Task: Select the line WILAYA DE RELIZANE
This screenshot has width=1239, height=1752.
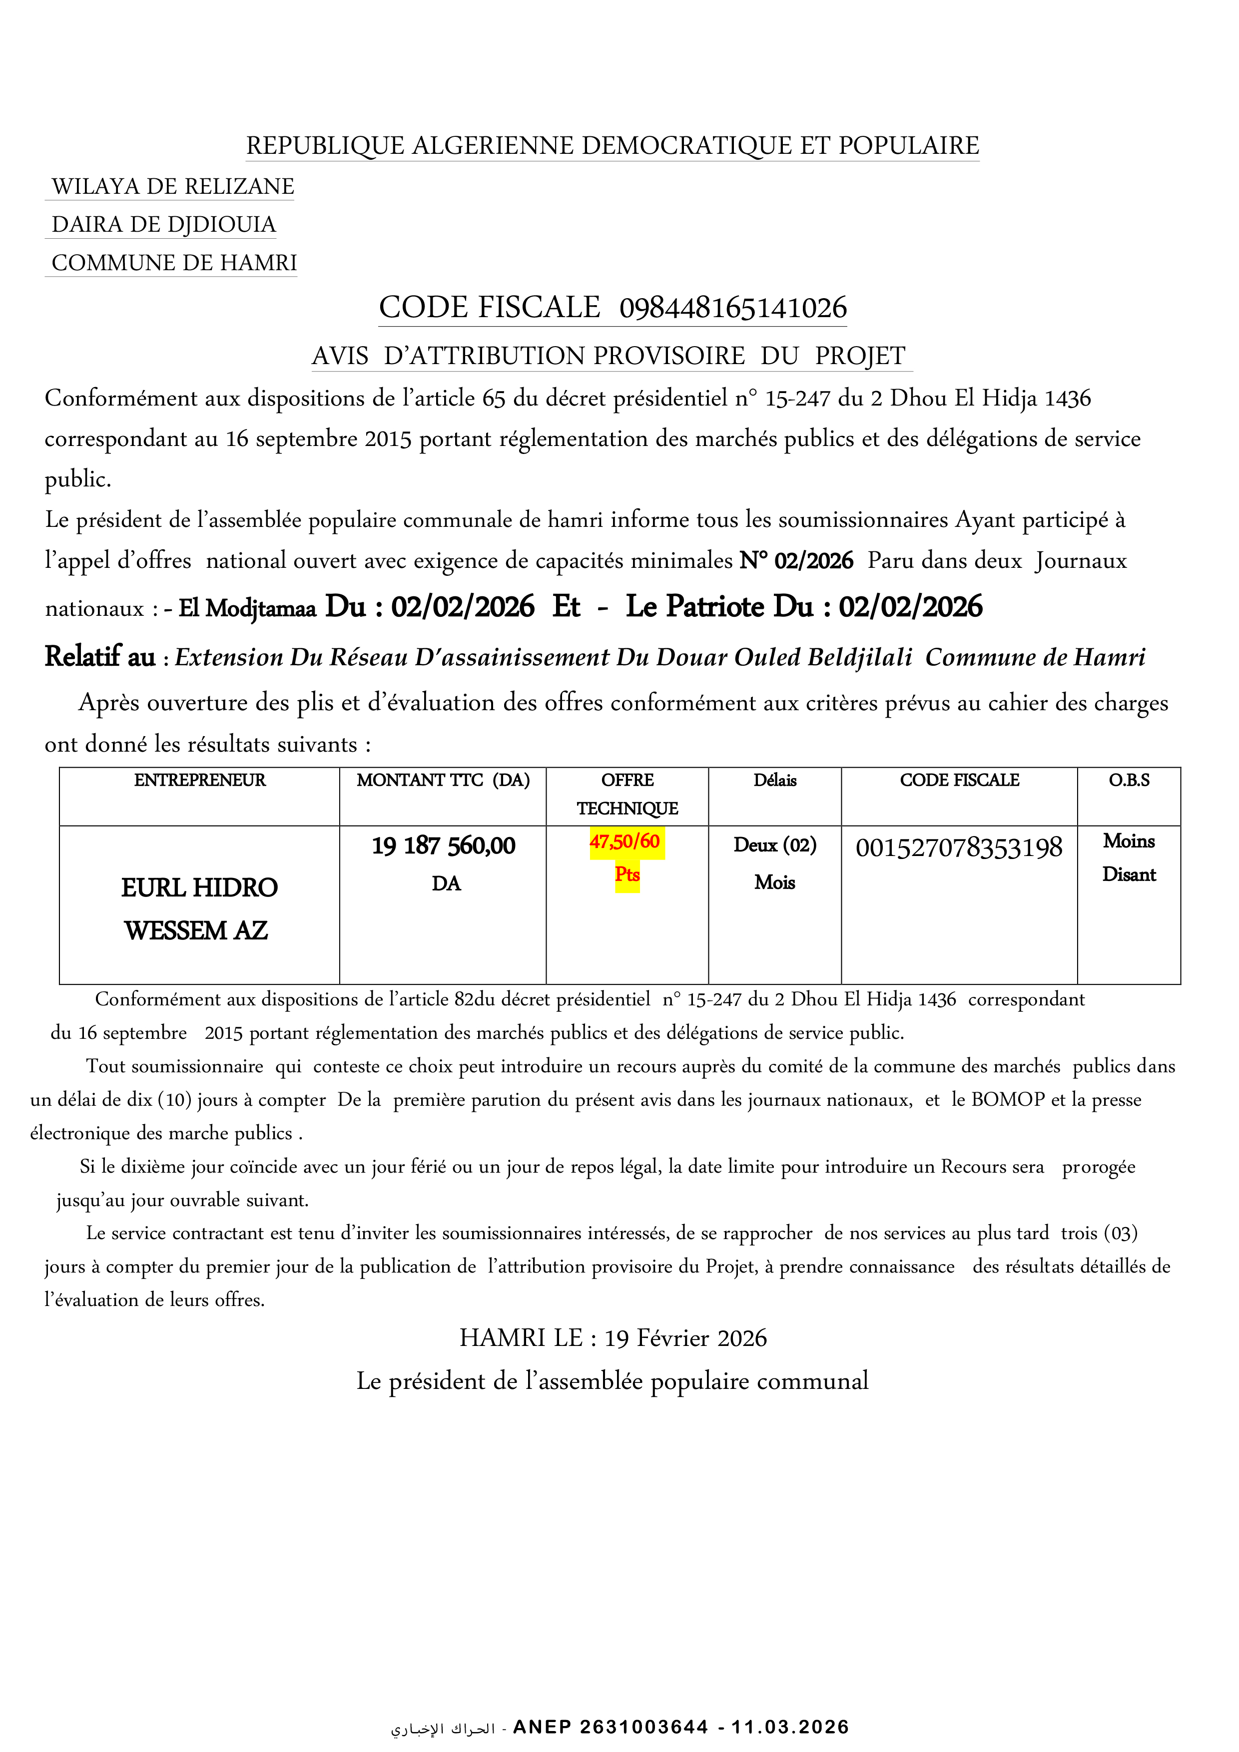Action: pyautogui.click(x=172, y=186)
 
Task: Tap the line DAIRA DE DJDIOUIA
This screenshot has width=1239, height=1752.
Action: pyautogui.click(x=163, y=224)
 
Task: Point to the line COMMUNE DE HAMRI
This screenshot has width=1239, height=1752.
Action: pyautogui.click(x=174, y=263)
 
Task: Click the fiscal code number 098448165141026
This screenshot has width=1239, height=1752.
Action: pyautogui.click(x=733, y=308)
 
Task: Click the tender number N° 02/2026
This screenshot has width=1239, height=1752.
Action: pyautogui.click(x=796, y=561)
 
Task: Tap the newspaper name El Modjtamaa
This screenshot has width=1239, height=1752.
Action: pyautogui.click(x=247, y=608)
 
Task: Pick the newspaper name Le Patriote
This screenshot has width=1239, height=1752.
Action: pyautogui.click(x=695, y=607)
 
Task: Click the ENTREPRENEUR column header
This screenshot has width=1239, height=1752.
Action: pyautogui.click(x=200, y=780)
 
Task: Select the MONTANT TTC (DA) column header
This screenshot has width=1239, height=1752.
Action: pyautogui.click(x=443, y=780)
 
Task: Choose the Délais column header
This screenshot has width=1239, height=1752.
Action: pyautogui.click(x=775, y=780)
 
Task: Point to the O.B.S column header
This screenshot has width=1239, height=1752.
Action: pyautogui.click(x=1129, y=780)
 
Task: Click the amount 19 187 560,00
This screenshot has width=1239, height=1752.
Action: pyautogui.click(x=444, y=846)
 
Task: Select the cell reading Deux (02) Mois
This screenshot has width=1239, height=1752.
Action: pyautogui.click(x=775, y=862)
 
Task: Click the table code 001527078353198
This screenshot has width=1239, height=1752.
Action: pyautogui.click(x=959, y=848)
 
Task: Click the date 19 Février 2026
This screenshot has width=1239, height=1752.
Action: pyautogui.click(x=685, y=1337)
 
